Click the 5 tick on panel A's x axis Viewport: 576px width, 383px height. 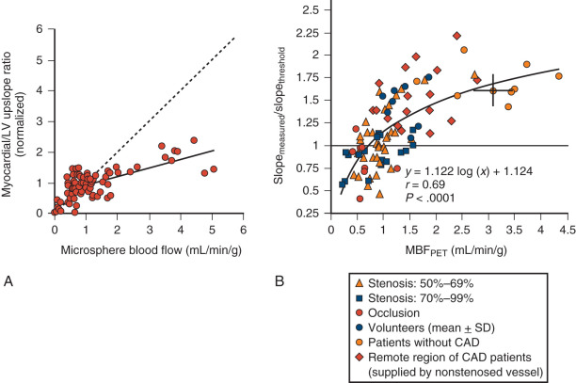[212, 229]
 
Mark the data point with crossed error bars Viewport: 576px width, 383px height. [493, 90]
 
